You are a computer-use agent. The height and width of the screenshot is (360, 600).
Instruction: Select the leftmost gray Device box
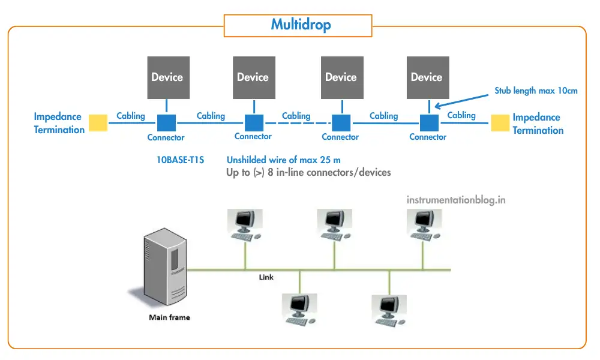click(x=167, y=77)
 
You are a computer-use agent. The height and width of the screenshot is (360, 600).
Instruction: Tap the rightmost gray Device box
click(x=426, y=77)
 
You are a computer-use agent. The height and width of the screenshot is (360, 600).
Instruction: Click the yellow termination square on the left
click(x=98, y=122)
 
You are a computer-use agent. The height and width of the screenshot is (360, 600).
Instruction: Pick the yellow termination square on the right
click(x=500, y=122)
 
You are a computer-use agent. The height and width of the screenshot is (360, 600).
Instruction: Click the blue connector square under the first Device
click(x=166, y=122)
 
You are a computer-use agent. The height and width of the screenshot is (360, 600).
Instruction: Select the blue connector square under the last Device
click(x=428, y=122)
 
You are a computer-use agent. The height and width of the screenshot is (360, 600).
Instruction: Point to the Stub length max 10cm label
click(x=536, y=91)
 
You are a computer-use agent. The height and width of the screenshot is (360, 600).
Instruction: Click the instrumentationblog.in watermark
click(x=456, y=200)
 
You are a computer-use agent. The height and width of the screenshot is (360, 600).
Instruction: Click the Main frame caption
click(x=169, y=317)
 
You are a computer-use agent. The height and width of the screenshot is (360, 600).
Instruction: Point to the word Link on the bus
click(x=266, y=277)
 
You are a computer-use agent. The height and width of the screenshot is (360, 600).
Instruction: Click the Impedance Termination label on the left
click(x=59, y=123)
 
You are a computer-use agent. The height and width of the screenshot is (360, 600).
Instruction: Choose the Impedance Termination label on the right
click(x=538, y=124)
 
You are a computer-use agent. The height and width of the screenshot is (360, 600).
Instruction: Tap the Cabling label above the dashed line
click(x=296, y=116)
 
